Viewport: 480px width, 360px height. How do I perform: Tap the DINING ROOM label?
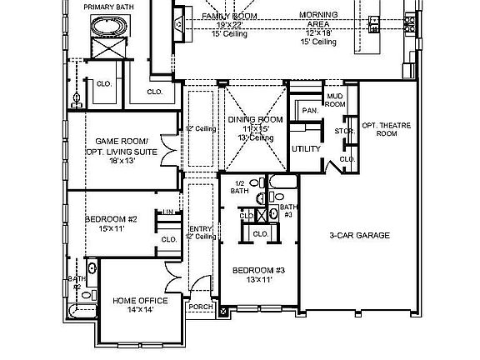pos(255,120)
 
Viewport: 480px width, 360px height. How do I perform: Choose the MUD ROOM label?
pos(334,101)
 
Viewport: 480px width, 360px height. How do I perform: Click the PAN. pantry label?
pos(308,110)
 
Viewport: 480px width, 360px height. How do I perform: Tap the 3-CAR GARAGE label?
pos(359,236)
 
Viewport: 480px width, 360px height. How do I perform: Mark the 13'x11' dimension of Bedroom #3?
pos(258,280)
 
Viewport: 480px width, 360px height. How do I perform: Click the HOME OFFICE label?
pos(140,301)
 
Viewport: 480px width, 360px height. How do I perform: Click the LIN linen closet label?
pos(167,212)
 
